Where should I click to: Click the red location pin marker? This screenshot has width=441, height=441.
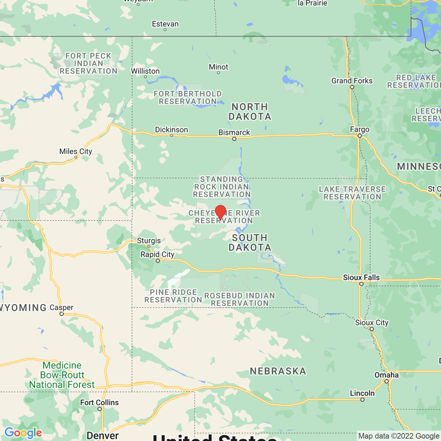click(220, 212)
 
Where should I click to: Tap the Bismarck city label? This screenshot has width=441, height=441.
click(234, 132)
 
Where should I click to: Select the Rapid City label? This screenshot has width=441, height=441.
click(157, 254)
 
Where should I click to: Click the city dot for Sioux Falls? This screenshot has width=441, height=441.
click(361, 284)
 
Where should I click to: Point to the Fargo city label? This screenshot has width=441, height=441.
click(359, 129)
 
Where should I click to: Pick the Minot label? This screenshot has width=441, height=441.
click(218, 67)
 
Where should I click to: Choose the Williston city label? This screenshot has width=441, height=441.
click(145, 71)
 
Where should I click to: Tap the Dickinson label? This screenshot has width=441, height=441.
click(171, 130)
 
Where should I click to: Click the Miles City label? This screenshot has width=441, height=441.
click(76, 151)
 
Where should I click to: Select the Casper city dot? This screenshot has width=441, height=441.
click(62, 314)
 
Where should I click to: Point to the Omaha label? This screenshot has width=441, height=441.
click(386, 375)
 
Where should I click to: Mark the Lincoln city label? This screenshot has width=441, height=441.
click(362, 393)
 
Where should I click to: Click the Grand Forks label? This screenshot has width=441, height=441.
click(352, 80)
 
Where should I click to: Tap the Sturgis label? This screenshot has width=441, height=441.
click(149, 241)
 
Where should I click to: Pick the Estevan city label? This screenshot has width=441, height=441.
click(165, 24)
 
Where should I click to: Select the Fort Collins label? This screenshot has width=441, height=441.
click(99, 402)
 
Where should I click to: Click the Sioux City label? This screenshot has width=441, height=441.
click(372, 323)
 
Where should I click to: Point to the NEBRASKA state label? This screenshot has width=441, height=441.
click(278, 371)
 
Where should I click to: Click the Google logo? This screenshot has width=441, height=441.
click(23, 433)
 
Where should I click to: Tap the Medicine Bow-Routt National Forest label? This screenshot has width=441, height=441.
click(62, 375)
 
